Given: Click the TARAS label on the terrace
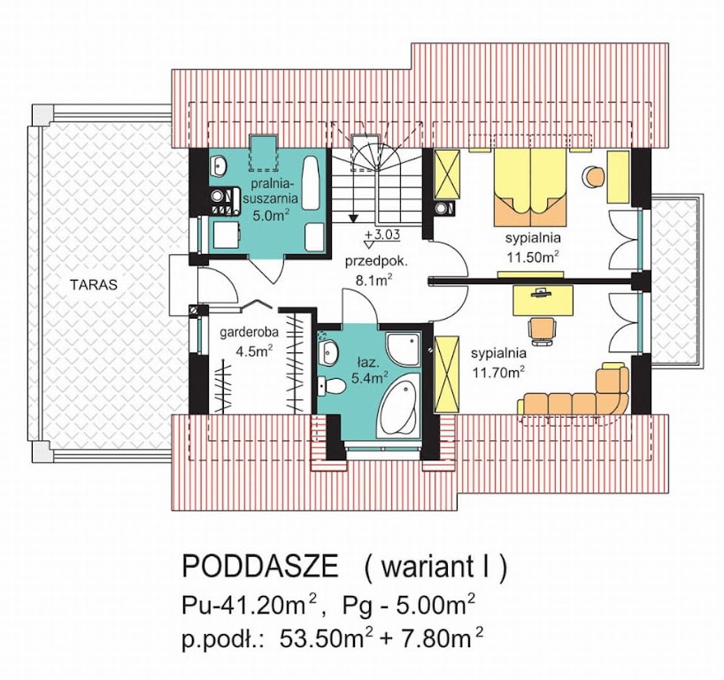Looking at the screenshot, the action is [x=94, y=284].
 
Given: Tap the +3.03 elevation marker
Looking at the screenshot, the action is [x=381, y=235].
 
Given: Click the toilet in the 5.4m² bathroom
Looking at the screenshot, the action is [x=332, y=386].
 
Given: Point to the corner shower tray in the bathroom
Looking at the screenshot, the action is [x=403, y=348].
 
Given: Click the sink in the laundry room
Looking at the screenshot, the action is [x=219, y=165].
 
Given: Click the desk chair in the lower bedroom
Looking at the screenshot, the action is [x=542, y=329].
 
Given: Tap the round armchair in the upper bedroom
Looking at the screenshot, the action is [x=593, y=177].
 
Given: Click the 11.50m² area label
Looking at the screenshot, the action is [x=534, y=258].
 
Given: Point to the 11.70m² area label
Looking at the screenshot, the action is [x=498, y=372].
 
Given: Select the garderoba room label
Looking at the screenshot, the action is [x=249, y=332].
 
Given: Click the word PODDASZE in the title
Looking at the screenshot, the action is [x=260, y=567].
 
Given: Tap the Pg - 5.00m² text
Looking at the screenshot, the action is [x=409, y=606].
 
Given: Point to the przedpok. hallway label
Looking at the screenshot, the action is [x=376, y=261].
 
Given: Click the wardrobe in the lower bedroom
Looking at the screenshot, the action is [x=447, y=375].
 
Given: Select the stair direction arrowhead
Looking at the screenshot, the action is [x=354, y=217].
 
